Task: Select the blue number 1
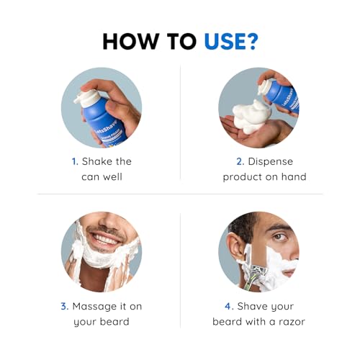tap(73, 161)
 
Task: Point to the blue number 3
tap(63, 306)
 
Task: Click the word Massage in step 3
tap(94, 306)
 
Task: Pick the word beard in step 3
tap(114, 322)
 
